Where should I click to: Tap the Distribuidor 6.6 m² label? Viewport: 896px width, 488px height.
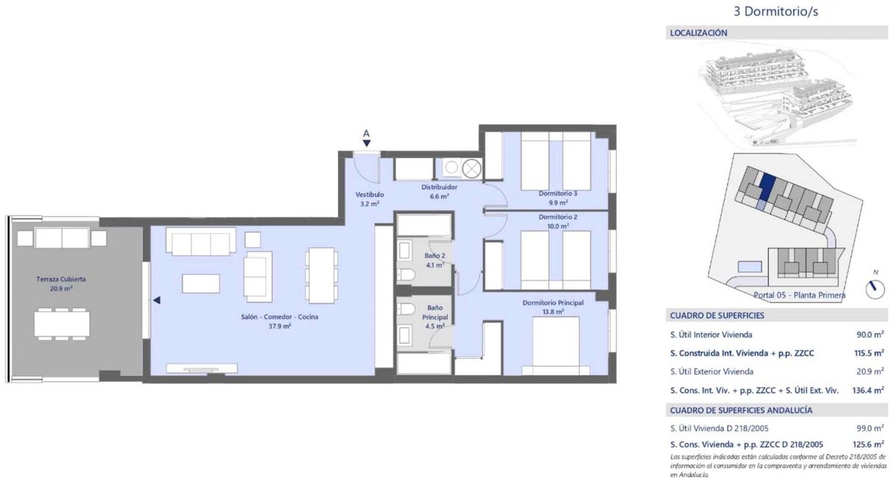(439, 192)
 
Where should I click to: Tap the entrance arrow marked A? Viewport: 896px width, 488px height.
(367, 138)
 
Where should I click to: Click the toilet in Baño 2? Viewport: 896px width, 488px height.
(406, 275)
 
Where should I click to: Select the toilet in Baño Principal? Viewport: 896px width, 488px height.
(406, 309)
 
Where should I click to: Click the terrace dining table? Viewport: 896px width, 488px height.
(62, 324)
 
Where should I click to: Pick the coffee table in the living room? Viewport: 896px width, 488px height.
(201, 284)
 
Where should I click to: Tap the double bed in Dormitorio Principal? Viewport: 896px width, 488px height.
(556, 345)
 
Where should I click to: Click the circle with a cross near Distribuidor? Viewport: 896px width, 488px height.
(472, 169)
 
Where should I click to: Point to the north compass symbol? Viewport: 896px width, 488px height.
(875, 289)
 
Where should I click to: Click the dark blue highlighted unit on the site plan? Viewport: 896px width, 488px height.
(766, 187)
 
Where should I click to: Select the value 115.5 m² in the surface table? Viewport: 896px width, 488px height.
(868, 353)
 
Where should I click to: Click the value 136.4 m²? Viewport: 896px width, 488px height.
(868, 390)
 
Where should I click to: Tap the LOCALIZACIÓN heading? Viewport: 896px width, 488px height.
(698, 33)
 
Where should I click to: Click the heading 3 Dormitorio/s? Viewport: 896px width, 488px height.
(776, 12)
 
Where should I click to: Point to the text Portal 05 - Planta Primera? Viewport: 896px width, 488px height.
(800, 295)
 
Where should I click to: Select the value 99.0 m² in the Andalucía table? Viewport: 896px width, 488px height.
(870, 428)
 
